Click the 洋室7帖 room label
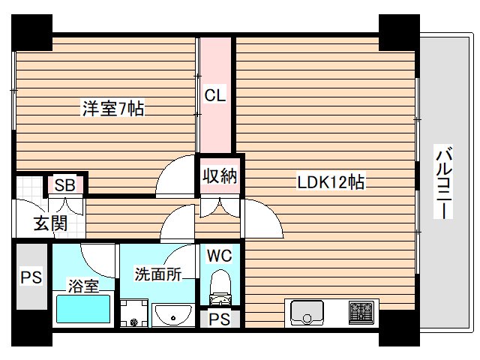pos(113,109)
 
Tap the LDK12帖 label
pos(331,181)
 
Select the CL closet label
pos(217,95)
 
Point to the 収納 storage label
pos(219,177)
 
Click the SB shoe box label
pos(64,185)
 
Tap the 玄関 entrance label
pos(50,223)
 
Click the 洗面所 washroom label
pos(158,274)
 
